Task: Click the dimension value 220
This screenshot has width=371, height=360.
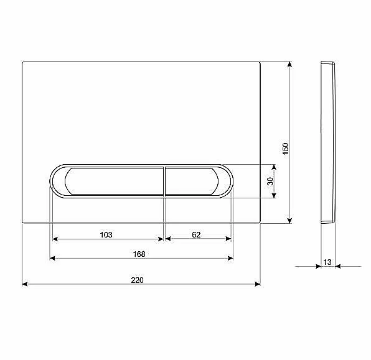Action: tap(137, 280)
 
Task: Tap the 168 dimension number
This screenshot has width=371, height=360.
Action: tap(139, 254)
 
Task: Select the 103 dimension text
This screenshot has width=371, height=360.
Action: tap(106, 235)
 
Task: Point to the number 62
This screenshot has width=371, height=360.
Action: tap(196, 235)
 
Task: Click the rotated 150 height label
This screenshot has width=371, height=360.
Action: tap(286, 149)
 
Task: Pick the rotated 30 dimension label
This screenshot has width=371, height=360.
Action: tap(270, 182)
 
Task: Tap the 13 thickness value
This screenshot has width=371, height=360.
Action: tap(327, 262)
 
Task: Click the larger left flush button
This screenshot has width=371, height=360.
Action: tap(114, 181)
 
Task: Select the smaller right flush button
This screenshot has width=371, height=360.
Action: tap(192, 181)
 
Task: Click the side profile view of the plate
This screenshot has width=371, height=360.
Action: tap(328, 142)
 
